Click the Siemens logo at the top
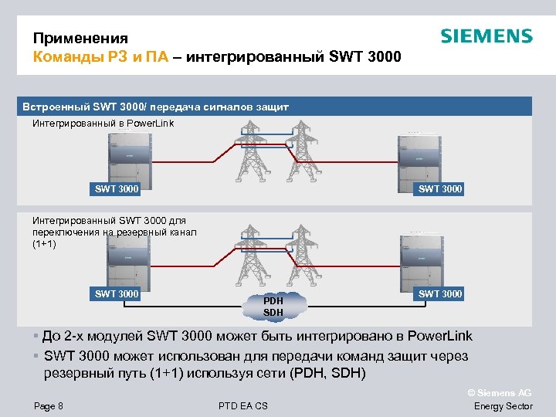[x=486, y=36]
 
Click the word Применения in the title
[x=80, y=39]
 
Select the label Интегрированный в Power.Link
[x=103, y=124]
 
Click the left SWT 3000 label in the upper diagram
[x=117, y=188]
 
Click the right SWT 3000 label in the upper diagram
[x=440, y=188]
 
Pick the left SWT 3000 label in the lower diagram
[x=117, y=293]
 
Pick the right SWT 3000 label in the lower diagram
[x=440, y=293]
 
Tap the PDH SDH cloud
[x=273, y=306]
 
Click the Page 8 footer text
[x=49, y=406]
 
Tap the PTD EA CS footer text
[x=243, y=406]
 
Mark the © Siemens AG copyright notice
[x=500, y=392]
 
